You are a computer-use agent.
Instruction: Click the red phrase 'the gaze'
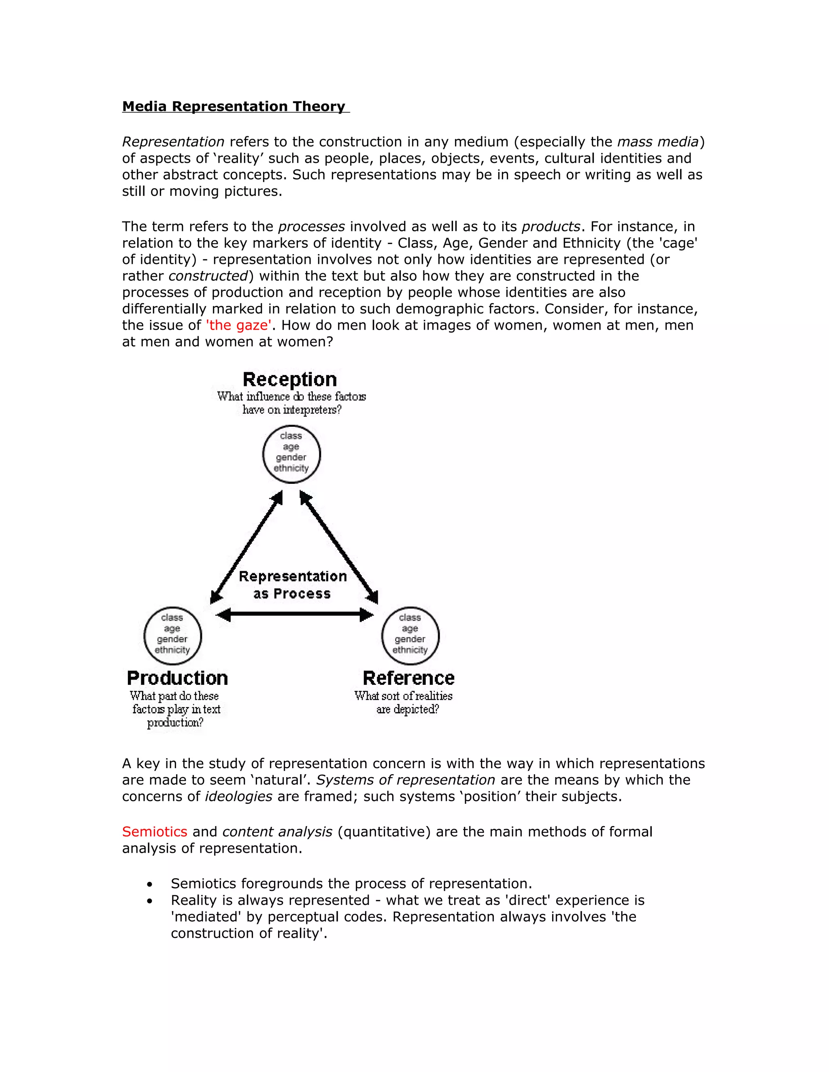click(238, 325)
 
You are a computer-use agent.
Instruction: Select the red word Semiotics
click(155, 831)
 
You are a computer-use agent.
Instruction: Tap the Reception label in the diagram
click(290, 379)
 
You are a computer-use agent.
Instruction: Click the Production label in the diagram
click(177, 678)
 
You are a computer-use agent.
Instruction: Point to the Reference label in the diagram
click(408, 678)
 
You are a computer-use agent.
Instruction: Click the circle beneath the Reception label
click(291, 454)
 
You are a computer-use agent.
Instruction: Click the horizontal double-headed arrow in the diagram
click(295, 614)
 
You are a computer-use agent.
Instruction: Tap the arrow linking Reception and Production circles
click(247, 547)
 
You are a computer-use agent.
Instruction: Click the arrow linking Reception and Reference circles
click(339, 547)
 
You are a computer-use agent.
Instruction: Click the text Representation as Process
click(293, 585)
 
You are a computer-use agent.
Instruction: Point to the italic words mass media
click(658, 142)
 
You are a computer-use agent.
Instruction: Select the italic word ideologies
click(238, 796)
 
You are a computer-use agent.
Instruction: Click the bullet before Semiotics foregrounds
click(150, 884)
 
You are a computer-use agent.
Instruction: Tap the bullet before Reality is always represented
click(150, 901)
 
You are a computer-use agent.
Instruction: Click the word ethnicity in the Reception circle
click(291, 468)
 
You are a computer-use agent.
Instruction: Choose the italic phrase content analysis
click(277, 831)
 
